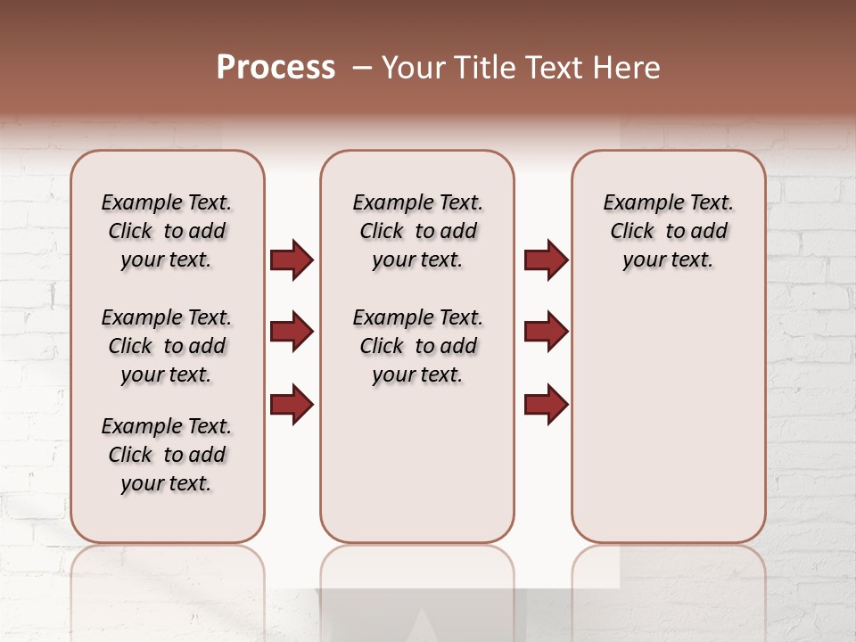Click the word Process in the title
[x=276, y=68]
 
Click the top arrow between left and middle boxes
[x=292, y=259]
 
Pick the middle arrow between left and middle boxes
[x=292, y=332]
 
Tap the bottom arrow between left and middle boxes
[x=292, y=404]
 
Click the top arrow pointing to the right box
[x=546, y=259]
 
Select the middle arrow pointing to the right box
[x=546, y=332]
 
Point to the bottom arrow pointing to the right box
[x=546, y=404]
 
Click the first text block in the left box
[x=167, y=231]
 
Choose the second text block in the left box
[x=167, y=346]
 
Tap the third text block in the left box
[x=167, y=455]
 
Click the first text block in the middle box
[x=417, y=231]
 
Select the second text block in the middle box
[x=417, y=346]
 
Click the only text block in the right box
[x=668, y=231]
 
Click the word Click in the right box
[x=632, y=232]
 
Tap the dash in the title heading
[x=362, y=68]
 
